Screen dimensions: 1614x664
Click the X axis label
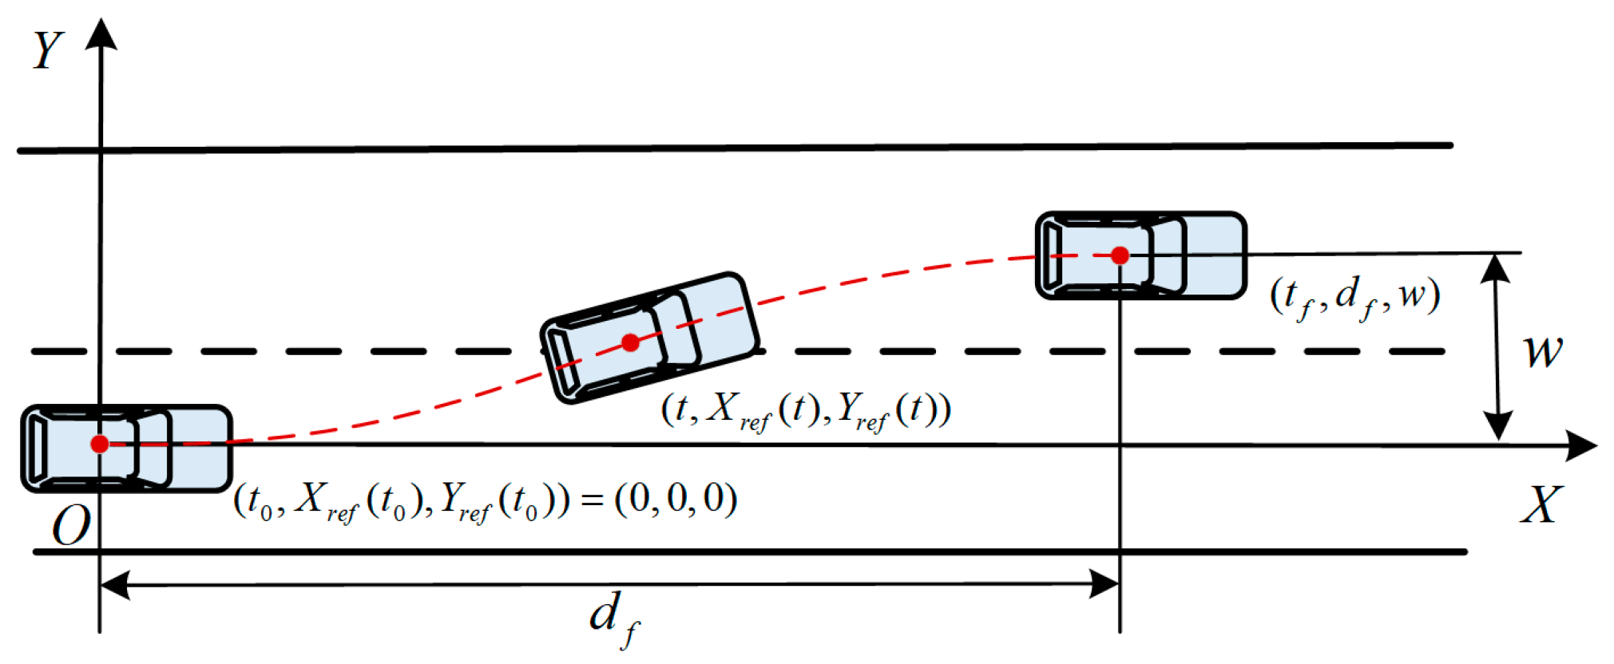pyautogui.click(x=1541, y=504)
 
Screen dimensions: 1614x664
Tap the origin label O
pyautogui.click(x=71, y=526)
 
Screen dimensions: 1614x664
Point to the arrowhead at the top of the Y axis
pyautogui.click(x=101, y=34)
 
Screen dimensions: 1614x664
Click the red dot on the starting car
pyautogui.click(x=100, y=444)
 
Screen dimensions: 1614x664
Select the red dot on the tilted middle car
pyautogui.click(x=630, y=342)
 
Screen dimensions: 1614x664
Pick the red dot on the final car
pyautogui.click(x=1120, y=255)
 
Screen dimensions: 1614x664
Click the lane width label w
pyautogui.click(x=1542, y=351)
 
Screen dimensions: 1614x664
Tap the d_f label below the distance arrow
pyautogui.click(x=614, y=620)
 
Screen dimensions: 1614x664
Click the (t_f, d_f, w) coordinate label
pyautogui.click(x=1355, y=298)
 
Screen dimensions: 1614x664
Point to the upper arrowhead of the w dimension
pyautogui.click(x=1495, y=268)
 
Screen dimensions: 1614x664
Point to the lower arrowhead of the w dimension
pyautogui.click(x=1498, y=425)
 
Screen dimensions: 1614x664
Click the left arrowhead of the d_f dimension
pyautogui.click(x=115, y=585)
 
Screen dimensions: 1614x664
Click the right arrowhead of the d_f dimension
pyautogui.click(x=1104, y=584)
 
